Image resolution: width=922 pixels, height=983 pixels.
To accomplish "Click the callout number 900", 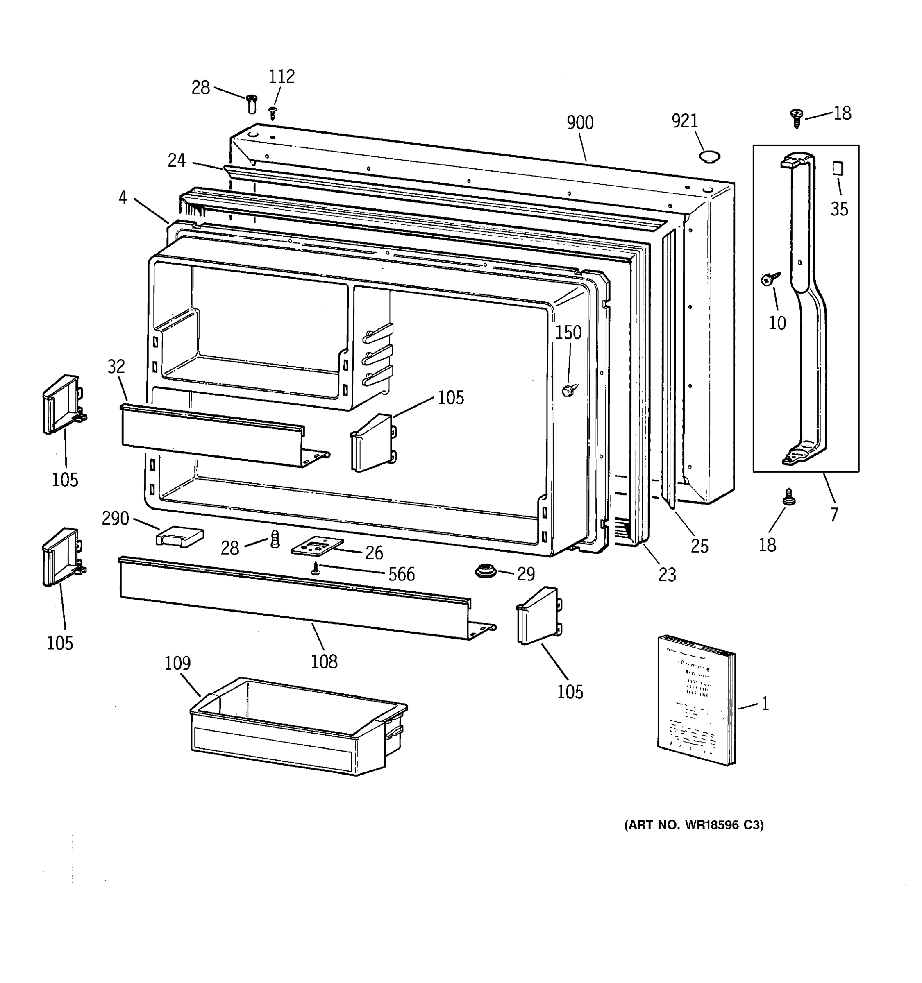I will [x=580, y=122].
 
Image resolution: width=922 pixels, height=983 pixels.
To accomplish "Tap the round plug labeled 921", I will [x=709, y=157].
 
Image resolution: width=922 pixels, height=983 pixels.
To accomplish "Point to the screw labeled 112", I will [x=272, y=113].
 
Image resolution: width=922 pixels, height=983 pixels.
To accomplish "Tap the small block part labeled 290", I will [x=179, y=536].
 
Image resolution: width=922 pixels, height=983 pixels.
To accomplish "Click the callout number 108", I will [x=324, y=661].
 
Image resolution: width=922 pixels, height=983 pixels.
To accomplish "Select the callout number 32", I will [x=116, y=367].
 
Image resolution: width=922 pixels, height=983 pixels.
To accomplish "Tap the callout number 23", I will [x=667, y=575].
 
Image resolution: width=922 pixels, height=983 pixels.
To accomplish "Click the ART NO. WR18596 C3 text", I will [x=693, y=825].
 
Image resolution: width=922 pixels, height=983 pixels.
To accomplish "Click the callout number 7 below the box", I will [x=834, y=515].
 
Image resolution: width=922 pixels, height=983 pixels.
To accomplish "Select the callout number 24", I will [x=177, y=161].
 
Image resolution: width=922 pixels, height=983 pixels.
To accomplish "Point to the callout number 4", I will [x=123, y=198].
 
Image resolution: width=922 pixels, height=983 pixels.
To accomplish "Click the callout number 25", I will [x=699, y=546].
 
